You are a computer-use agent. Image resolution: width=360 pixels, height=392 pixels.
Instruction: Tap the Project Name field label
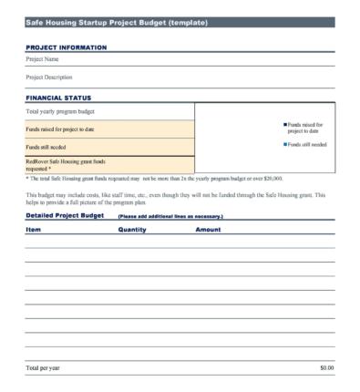pos(43,59)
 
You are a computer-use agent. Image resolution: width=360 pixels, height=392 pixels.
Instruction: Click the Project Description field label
pos(49,77)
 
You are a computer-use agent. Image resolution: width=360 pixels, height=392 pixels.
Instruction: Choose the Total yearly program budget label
pos(61,111)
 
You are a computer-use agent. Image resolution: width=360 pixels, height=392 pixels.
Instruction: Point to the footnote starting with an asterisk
pos(154,179)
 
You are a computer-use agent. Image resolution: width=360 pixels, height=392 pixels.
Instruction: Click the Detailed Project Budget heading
pos(64,216)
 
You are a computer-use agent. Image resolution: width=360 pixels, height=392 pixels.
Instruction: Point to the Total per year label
pos(45,367)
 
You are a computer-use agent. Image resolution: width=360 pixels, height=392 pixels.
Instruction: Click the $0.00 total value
pos(326,367)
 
